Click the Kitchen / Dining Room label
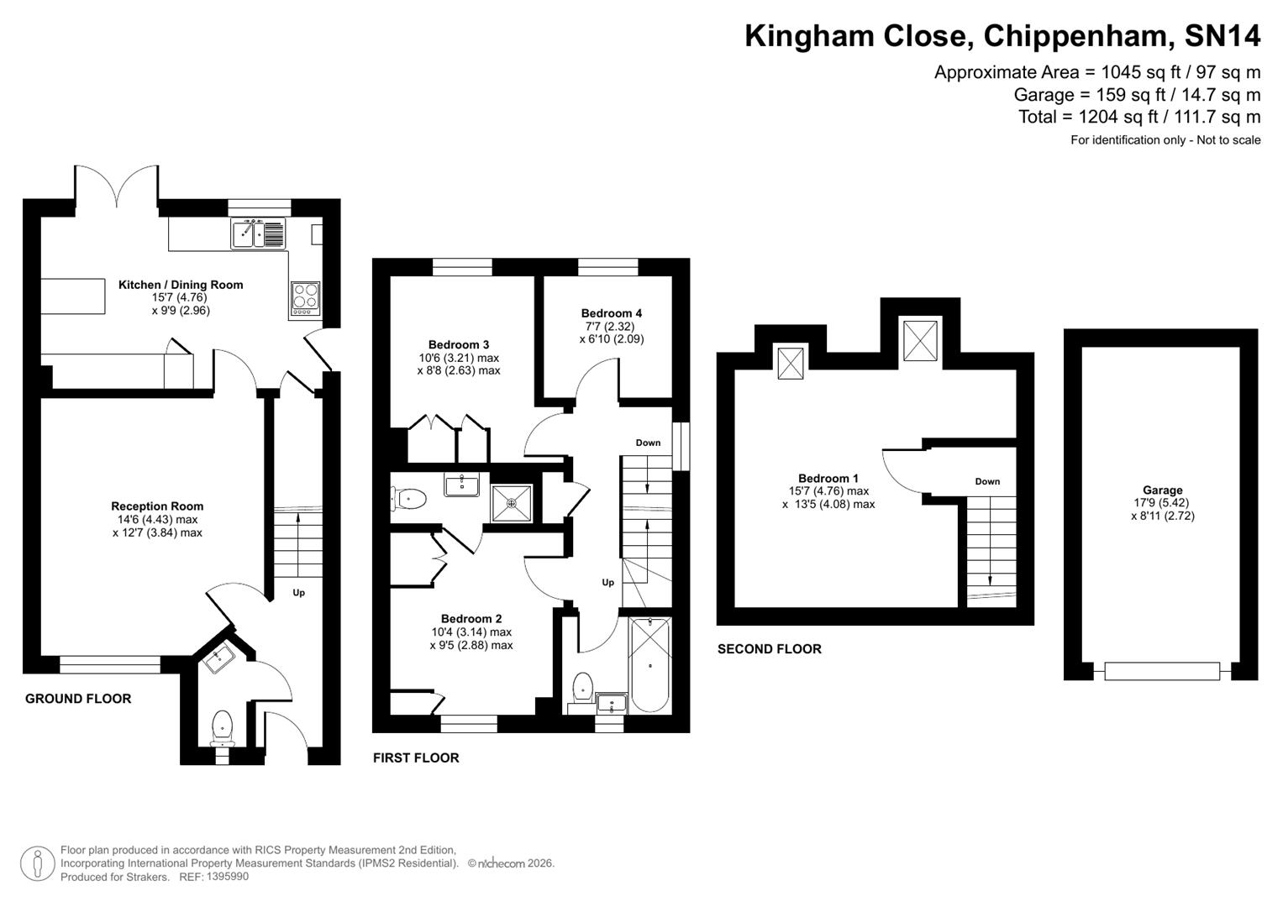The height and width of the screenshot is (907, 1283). [x=181, y=285]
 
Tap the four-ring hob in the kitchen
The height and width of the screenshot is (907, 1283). [x=305, y=297]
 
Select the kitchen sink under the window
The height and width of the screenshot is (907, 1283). [x=259, y=233]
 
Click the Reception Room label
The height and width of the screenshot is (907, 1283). [x=157, y=506]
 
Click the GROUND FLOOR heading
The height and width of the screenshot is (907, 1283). [x=78, y=699]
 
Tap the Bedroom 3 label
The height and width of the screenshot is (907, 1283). [x=458, y=344]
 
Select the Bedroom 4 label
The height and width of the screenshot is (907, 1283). [x=611, y=313]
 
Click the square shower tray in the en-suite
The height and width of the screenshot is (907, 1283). [x=511, y=503]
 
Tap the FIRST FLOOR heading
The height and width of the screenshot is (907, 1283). [x=416, y=758]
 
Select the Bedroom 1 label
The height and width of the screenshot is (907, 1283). [x=828, y=478]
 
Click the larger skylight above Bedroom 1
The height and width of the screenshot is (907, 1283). [x=919, y=341]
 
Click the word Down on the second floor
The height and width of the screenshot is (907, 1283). [x=987, y=481]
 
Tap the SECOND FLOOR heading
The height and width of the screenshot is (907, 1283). [x=769, y=649]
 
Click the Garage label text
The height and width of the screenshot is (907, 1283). [x=1162, y=490]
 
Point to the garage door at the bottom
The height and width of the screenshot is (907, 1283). [x=1161, y=671]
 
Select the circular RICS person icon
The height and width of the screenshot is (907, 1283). [x=37, y=863]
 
